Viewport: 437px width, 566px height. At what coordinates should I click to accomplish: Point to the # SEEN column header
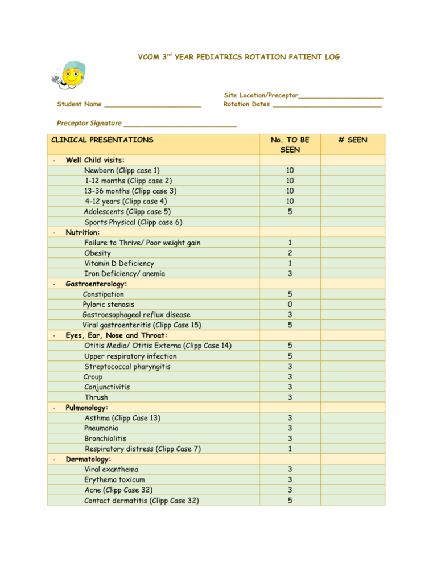coord(353,139)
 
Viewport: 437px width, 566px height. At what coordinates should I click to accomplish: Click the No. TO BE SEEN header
coord(290,144)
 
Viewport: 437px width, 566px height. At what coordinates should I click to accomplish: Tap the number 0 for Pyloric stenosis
coord(290,305)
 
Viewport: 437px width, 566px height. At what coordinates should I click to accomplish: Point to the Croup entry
coord(93,377)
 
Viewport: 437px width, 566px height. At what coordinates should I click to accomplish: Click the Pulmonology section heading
coord(89,408)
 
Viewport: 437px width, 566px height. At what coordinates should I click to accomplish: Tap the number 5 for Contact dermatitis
coord(290,501)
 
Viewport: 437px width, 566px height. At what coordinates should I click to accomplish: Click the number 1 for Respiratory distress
coord(290,449)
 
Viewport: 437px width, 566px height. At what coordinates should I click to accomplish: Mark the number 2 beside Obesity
coord(290,253)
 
